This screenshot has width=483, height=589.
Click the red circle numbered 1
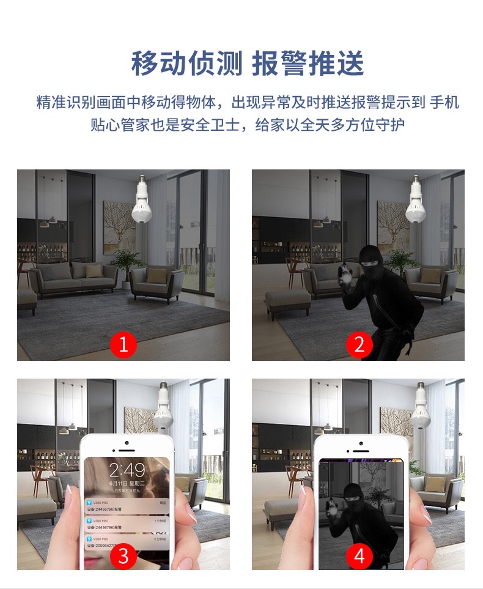point(123,345)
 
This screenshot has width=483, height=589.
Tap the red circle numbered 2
point(359,345)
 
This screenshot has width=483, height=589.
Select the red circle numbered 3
point(123,555)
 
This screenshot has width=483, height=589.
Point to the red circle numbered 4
point(359,555)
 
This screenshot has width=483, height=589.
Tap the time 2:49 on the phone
point(127,470)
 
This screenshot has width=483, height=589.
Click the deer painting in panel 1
point(119,227)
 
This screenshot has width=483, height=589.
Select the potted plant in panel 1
point(127,264)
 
